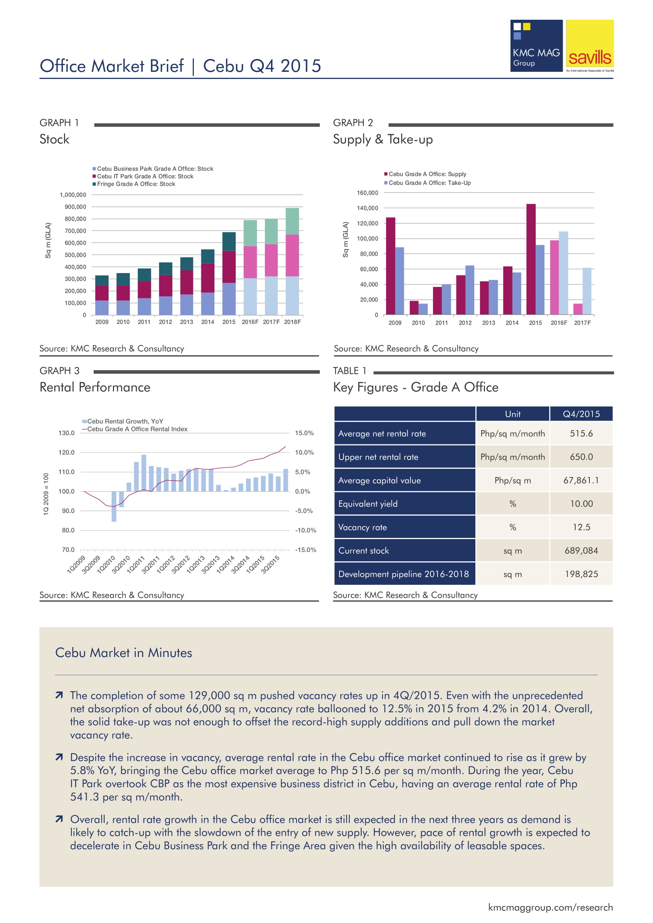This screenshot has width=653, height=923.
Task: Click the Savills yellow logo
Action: [x=589, y=46]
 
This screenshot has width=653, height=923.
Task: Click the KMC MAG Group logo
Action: [x=536, y=46]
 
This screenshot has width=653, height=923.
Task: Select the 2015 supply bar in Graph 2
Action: [x=531, y=259]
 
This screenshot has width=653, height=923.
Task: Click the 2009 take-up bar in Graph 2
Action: [x=399, y=281]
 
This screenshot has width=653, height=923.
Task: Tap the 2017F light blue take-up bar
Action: [x=587, y=291]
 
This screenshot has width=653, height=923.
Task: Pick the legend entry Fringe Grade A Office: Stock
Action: [x=136, y=184]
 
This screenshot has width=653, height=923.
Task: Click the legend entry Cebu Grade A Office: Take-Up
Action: [x=430, y=183]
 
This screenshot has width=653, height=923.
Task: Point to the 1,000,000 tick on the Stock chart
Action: [x=73, y=195]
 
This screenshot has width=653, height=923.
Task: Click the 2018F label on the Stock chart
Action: [x=292, y=322]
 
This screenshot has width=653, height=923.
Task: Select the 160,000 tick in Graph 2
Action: [x=368, y=193]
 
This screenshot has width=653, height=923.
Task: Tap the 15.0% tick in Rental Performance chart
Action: [x=304, y=433]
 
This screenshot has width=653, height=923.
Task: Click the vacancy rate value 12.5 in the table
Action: [x=582, y=527]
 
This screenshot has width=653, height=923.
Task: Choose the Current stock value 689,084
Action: [x=582, y=551]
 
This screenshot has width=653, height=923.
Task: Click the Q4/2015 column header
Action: [x=582, y=414]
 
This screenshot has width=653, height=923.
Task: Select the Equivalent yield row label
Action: [x=368, y=504]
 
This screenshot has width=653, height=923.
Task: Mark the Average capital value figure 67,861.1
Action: [x=582, y=480]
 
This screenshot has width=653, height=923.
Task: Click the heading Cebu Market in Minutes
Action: [x=124, y=652]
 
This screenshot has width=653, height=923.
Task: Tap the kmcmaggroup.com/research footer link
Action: [x=550, y=907]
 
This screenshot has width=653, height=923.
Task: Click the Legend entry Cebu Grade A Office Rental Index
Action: [x=137, y=429]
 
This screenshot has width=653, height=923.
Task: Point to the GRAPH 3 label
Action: [x=60, y=371]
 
